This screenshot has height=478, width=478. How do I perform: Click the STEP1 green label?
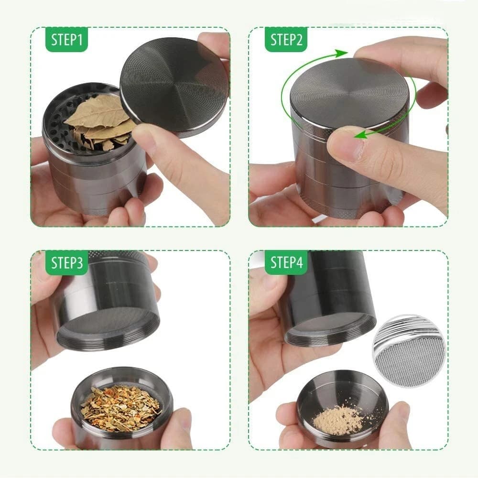(x=67, y=40)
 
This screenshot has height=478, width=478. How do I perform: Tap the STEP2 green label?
(x=286, y=40)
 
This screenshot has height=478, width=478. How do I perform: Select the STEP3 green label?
(x=67, y=262)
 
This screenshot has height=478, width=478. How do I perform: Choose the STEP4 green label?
(x=286, y=262)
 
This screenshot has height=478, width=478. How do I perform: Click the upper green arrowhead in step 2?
(x=340, y=53)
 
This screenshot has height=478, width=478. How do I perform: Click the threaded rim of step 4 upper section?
(x=330, y=335)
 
